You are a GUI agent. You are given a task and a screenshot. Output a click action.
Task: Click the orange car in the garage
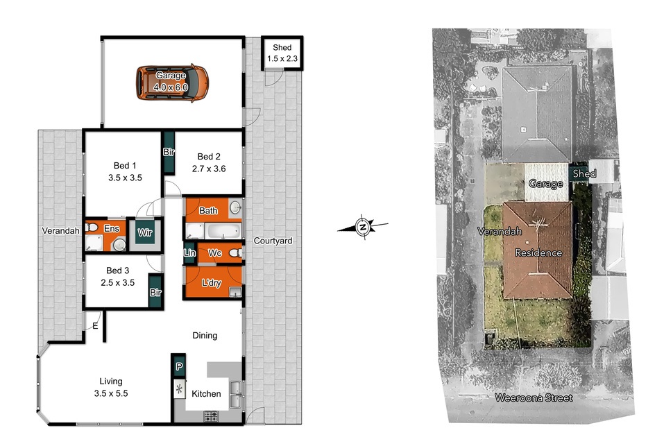pos(172,83)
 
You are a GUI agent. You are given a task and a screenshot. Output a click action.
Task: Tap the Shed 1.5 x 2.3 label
pos(282,53)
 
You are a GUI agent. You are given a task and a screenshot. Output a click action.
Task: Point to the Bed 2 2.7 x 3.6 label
pos(209,162)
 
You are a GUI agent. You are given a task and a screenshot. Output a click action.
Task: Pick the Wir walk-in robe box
pos(145,232)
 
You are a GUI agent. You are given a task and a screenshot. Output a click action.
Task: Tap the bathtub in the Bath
pos(223,231)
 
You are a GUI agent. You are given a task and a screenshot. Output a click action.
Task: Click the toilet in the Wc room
pos(235,252)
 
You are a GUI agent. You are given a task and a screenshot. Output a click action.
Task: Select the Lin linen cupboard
pos(189,252)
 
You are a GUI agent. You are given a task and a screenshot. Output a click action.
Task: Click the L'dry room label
pos(212,282)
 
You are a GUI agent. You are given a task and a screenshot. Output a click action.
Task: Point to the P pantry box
pos(179,366)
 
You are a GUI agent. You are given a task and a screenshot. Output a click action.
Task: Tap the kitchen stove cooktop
pos(211,416)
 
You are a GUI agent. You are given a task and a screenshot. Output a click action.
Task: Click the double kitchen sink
pos(235,395)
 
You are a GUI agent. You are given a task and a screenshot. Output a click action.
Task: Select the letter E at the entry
pos(95,326)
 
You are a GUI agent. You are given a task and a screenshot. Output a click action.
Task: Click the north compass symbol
pos(362,227)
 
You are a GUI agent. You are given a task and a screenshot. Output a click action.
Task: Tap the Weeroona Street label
pos(534,397)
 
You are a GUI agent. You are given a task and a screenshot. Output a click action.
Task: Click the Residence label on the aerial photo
pos(538,252)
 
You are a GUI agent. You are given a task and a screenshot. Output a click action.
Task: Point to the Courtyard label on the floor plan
pos(273,241)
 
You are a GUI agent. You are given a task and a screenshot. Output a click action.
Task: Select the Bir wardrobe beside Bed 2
pos(169,152)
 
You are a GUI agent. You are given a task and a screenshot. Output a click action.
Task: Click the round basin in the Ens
pos(119,245)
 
